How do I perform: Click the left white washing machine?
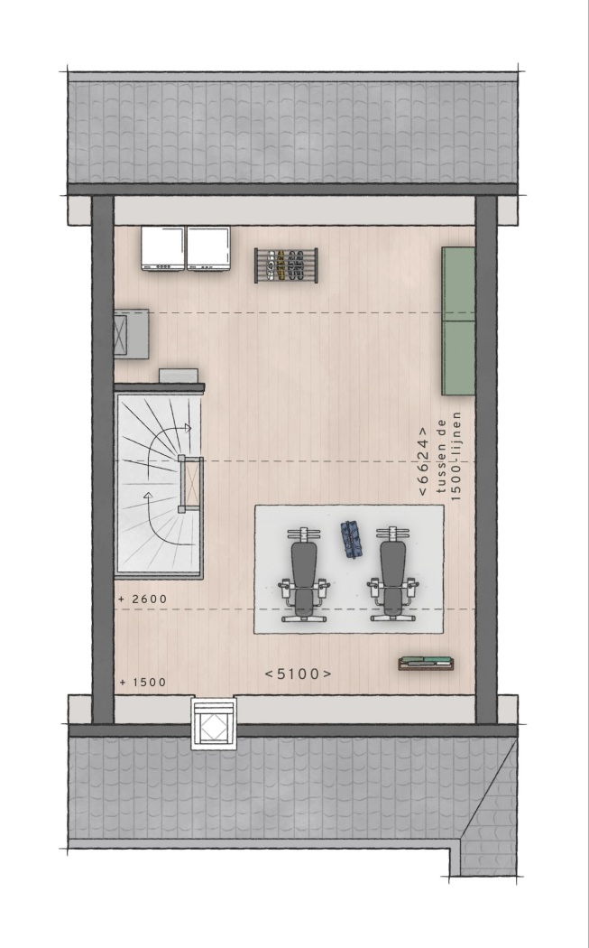pos(163,248)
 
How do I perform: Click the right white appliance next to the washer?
pos(208,248)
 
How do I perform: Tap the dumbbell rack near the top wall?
pos(286,265)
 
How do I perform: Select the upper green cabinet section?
pos(458,283)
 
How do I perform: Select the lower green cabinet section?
pos(458,358)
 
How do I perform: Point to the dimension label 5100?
pos(299,674)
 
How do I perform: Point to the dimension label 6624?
pos(423,461)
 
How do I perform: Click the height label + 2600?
pos(143,599)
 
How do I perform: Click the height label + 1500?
pos(143,683)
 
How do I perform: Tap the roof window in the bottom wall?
pos(213,724)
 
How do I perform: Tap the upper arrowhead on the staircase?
pos(188,428)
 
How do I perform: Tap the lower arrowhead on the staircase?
pos(147,497)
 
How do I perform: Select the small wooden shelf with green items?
pos(426,664)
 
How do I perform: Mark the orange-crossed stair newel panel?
pos(192,484)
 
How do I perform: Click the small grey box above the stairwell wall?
pos(179,376)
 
